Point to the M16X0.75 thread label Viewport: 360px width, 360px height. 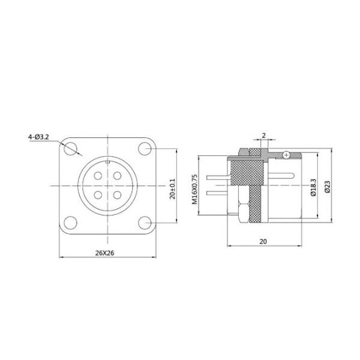point(194,190)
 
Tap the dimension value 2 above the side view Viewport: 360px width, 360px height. point(262,136)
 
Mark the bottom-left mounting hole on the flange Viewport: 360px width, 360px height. point(72,222)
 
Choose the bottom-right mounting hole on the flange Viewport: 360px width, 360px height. point(144,222)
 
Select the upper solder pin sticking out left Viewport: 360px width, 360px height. point(215,178)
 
